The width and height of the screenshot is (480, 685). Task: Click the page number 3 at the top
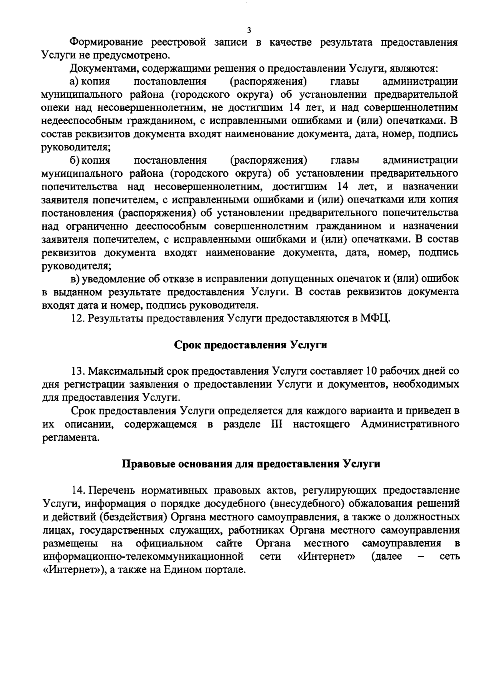(249, 30)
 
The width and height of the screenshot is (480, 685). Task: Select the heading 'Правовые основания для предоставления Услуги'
(250, 464)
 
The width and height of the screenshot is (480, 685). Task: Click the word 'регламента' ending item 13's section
(70, 438)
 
